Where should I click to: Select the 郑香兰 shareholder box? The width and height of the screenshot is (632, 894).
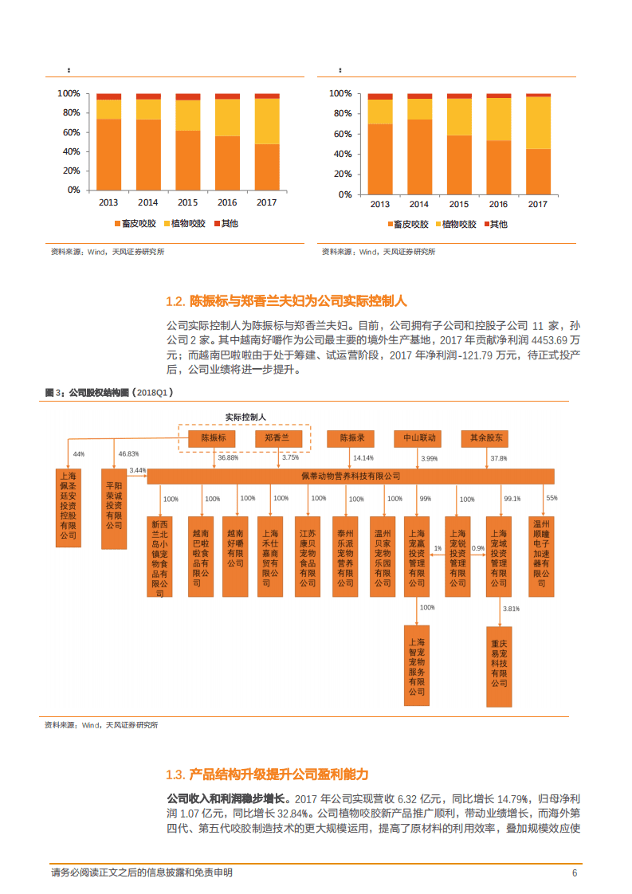pos(277,438)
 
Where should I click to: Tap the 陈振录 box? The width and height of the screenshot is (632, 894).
pos(351,438)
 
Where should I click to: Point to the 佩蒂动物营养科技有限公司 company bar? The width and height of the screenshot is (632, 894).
pos(351,476)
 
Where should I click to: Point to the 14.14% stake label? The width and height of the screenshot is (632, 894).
pos(363,458)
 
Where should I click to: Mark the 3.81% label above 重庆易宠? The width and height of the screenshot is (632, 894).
pos(511,609)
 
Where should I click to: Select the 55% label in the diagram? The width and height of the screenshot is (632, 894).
pos(552,498)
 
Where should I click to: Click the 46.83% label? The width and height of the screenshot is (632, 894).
pos(128,453)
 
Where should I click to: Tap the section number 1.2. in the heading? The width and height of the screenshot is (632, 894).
pos(175,301)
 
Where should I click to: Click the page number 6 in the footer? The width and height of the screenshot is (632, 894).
pos(574,873)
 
